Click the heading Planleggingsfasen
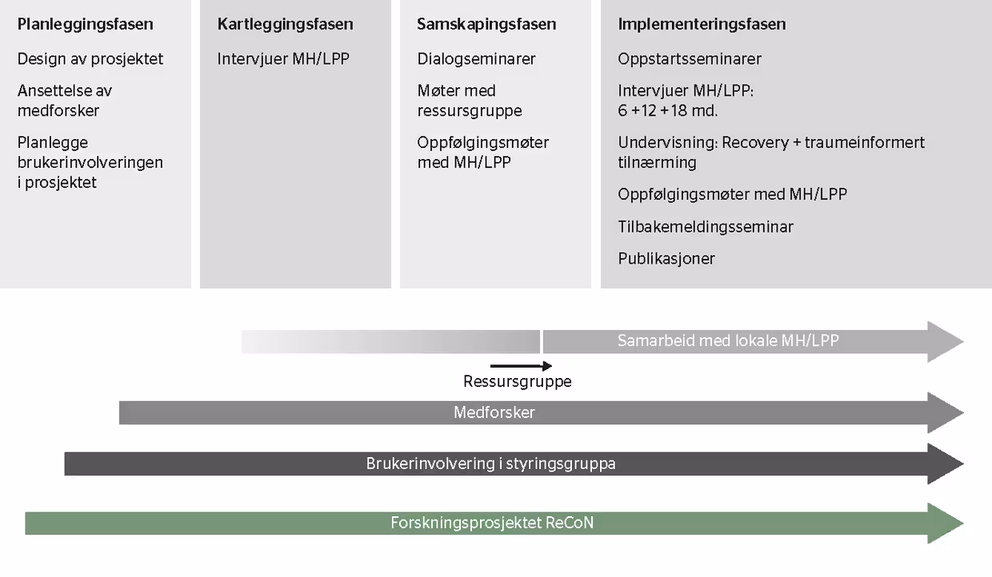coord(85,25)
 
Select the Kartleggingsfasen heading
coord(285,25)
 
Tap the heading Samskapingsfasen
coord(486,25)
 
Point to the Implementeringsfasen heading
coord(702,25)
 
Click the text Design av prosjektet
coord(90,59)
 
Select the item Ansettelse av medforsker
coord(65,101)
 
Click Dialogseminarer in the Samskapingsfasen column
coord(476,59)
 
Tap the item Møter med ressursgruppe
coord(470,101)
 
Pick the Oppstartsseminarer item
coord(690,59)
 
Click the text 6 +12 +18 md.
coord(667,110)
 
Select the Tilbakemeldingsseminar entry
coord(706,226)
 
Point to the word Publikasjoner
coord(666,259)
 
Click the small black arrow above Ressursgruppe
coord(521,366)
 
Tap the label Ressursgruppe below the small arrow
coord(518,381)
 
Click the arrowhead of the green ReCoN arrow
coord(946,523)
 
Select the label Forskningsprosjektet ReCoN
coord(492,523)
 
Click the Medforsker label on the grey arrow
coord(494,413)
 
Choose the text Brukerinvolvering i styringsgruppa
coord(490,464)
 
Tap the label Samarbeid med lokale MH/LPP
coord(728,340)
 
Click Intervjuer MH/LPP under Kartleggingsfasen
coord(283,59)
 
